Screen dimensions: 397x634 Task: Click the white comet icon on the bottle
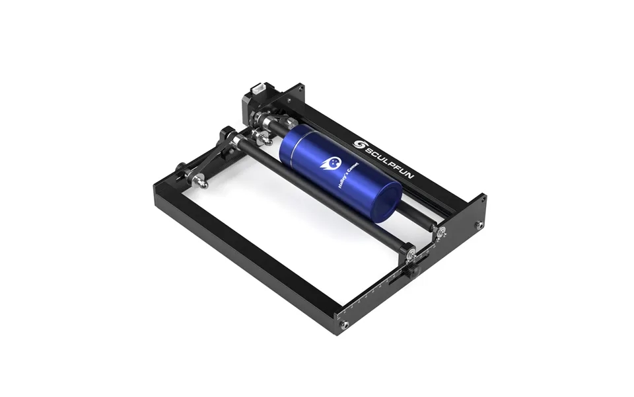pyautogui.click(x=330, y=162)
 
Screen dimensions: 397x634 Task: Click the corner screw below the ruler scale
pyautogui.click(x=344, y=325)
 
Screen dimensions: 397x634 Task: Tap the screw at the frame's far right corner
pyautogui.click(x=479, y=225)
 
